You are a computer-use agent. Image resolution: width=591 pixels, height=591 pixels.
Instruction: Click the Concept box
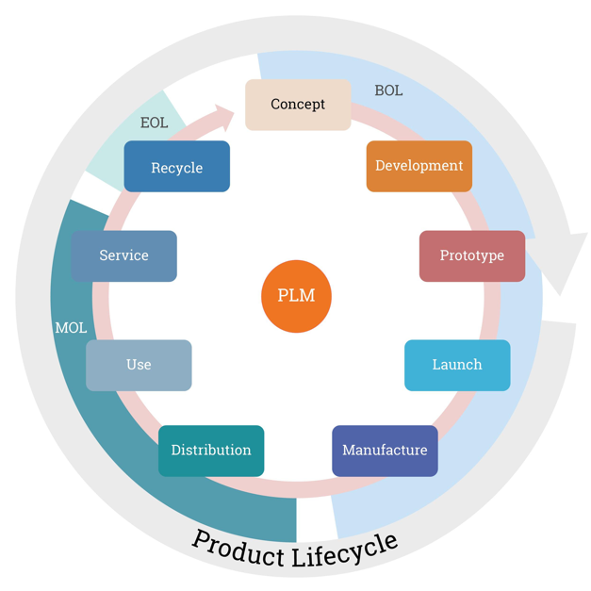tap(298, 105)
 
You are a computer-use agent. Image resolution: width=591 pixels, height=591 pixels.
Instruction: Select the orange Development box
tap(419, 166)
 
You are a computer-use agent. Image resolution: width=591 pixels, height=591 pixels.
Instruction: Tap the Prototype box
tap(471, 255)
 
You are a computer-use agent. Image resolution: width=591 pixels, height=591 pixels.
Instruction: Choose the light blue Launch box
tap(457, 365)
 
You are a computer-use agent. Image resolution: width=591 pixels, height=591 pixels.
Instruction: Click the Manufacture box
tap(385, 451)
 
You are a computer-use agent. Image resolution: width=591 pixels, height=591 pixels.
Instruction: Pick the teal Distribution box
tap(211, 451)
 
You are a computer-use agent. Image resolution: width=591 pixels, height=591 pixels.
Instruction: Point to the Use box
tap(139, 365)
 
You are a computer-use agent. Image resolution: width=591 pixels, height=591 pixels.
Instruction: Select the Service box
tap(123, 255)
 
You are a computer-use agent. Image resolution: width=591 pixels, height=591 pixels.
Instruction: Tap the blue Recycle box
tap(177, 167)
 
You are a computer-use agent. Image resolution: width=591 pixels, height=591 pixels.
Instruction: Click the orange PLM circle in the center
tap(296, 296)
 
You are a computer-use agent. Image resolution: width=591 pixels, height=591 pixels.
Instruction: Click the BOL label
tap(388, 90)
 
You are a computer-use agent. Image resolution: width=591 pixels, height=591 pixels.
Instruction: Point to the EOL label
tap(154, 123)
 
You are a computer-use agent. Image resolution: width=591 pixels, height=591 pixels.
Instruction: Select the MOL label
tap(71, 328)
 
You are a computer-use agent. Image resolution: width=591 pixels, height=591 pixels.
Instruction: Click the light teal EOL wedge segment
tap(118, 151)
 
